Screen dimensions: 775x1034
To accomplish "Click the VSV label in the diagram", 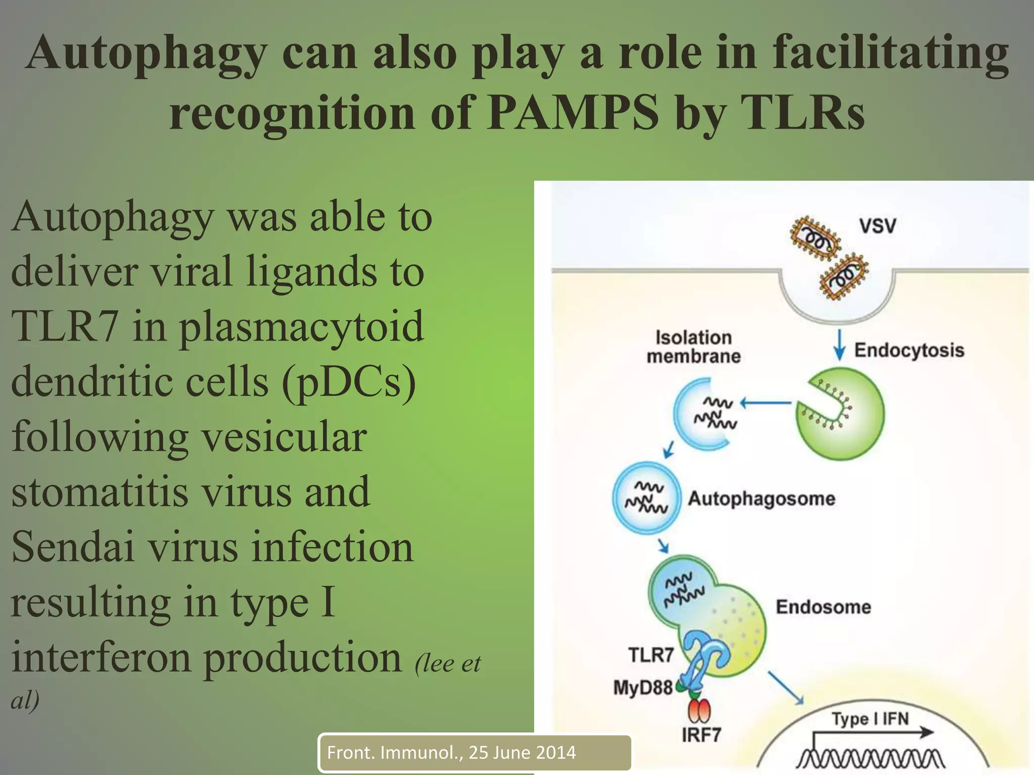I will [877, 226].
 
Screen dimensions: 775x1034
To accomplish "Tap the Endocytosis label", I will [909, 350].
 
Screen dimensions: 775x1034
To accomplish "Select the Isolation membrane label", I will [694, 347].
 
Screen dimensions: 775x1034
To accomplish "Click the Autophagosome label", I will [761, 499].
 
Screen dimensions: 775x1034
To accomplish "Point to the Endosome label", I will [823, 607].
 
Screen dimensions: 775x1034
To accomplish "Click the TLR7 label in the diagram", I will [651, 655].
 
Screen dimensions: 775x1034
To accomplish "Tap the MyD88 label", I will [643, 687].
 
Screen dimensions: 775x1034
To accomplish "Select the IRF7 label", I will [701, 735].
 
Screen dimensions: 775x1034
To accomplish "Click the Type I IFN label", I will [870, 718].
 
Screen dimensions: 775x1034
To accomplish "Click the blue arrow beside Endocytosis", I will [839, 345].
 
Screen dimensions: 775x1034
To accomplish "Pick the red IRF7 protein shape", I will [699, 711].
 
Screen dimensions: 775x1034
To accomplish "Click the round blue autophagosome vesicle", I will [646, 497].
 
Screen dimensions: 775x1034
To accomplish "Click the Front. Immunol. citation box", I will [475, 753].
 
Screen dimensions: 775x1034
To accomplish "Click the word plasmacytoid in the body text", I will [301, 326].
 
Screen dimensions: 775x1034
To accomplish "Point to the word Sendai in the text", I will [73, 547].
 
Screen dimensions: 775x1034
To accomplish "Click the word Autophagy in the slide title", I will [146, 53].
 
